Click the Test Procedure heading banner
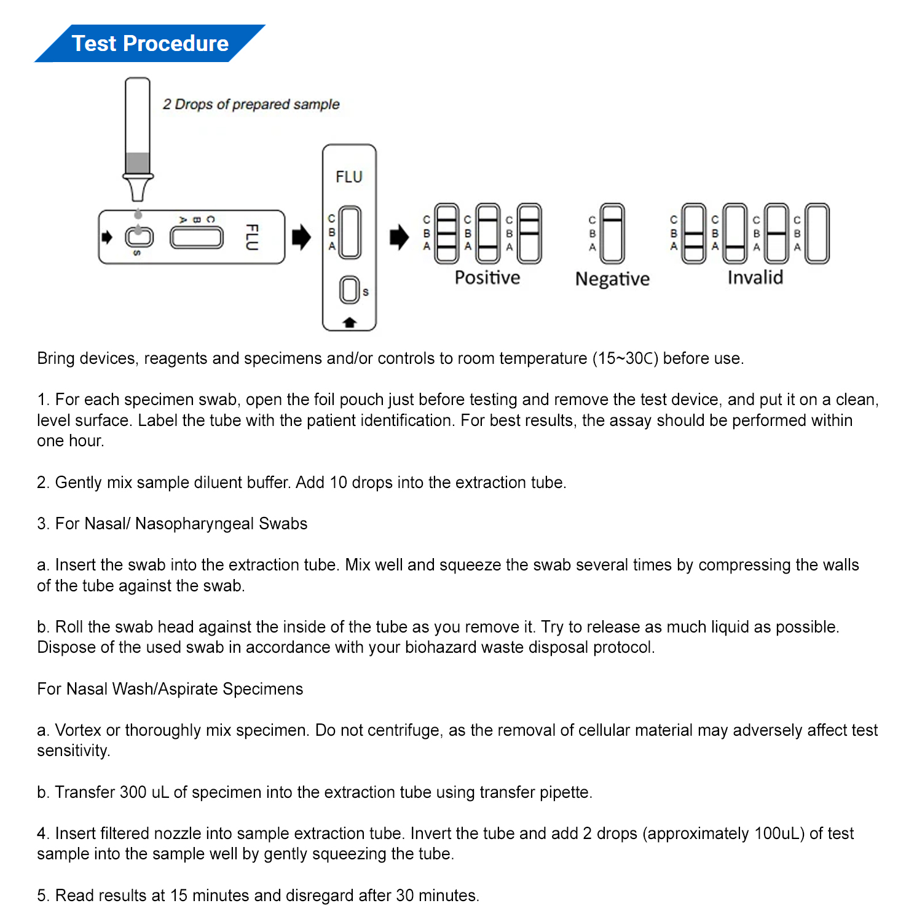150,44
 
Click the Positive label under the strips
487,278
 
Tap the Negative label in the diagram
612,279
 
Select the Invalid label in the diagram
755,278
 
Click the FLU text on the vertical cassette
349,177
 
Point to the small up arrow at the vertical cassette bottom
349,322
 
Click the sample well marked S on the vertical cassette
350,290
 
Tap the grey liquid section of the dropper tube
138,163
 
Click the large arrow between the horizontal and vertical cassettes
301,237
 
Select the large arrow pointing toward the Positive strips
400,237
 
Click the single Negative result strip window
612,234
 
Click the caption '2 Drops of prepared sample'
251,104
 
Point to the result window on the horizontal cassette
197,238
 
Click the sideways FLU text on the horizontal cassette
251,237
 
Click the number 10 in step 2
339,483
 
